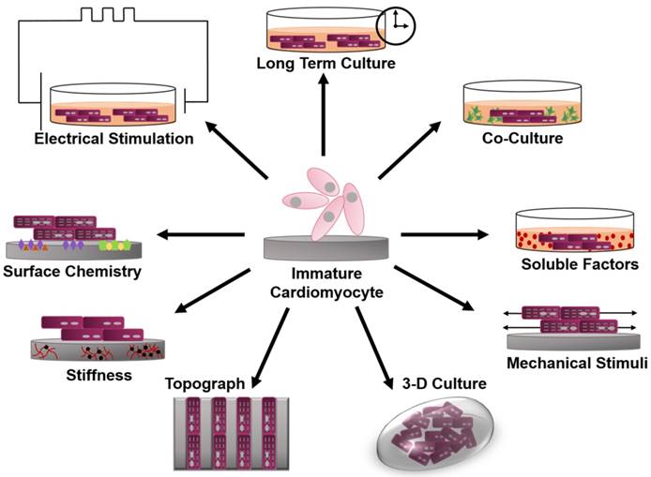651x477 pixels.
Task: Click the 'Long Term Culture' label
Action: pyautogui.click(x=324, y=64)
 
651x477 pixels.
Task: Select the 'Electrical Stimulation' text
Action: pyautogui.click(x=114, y=139)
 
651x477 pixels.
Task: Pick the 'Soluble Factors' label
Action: pyautogui.click(x=580, y=265)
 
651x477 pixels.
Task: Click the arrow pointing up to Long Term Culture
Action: pyautogui.click(x=324, y=112)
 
